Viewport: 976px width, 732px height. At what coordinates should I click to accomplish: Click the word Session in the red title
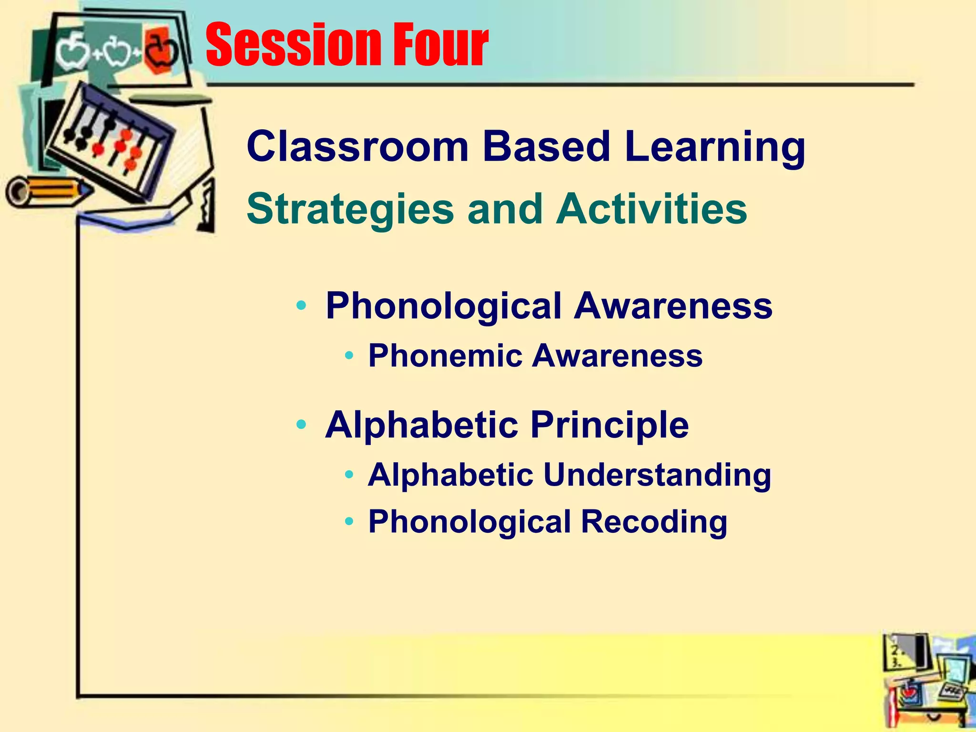pos(291,46)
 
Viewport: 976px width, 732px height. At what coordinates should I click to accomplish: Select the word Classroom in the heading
pos(357,147)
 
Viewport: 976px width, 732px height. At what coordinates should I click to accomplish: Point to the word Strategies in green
pos(350,210)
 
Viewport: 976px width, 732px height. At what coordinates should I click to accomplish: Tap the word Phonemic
pos(445,356)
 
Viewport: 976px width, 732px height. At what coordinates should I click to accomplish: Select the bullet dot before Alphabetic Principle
pos(301,424)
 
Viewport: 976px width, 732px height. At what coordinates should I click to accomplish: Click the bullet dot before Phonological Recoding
pos(349,521)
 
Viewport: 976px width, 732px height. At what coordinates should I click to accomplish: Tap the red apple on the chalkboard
pos(160,51)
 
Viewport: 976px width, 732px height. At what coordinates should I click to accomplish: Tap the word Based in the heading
pos(546,147)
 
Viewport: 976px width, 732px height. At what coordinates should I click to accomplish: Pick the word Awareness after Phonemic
pos(617,356)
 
